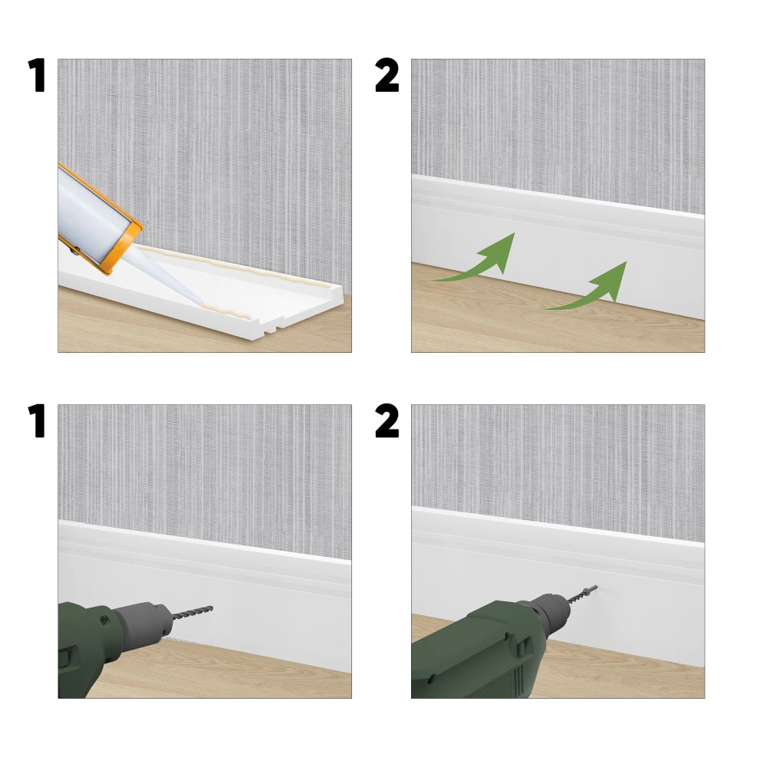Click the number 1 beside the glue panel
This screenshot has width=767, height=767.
[37, 75]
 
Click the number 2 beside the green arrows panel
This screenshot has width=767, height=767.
[387, 75]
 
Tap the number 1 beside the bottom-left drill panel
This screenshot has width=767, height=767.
[37, 420]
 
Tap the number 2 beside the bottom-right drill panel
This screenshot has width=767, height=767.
[387, 420]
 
